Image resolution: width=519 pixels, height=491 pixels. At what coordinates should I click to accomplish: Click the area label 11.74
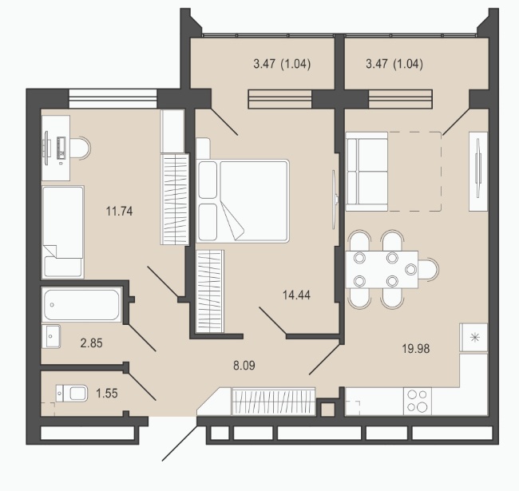click(x=119, y=211)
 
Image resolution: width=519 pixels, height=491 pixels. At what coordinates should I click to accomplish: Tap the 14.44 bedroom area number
click(x=296, y=295)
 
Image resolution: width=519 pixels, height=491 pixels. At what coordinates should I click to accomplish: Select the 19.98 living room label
click(x=416, y=348)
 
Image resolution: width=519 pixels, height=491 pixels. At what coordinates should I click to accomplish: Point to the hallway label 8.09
click(x=244, y=366)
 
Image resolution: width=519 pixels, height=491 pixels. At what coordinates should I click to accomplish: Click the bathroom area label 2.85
click(x=91, y=343)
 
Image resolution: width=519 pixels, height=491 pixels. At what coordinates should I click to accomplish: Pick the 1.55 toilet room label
click(x=106, y=394)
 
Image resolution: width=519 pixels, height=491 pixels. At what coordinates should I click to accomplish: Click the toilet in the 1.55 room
click(x=72, y=393)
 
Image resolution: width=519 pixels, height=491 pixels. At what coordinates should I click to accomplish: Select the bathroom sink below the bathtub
click(x=51, y=336)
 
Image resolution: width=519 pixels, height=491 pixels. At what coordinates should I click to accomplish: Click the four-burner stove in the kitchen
click(x=418, y=401)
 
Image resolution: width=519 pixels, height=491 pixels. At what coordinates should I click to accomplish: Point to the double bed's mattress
click(x=254, y=201)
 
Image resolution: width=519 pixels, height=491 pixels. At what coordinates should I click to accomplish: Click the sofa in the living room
click(x=366, y=172)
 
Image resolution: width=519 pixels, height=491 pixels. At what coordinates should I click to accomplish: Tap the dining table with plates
click(x=382, y=270)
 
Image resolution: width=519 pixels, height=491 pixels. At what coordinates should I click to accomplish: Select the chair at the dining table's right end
click(x=429, y=270)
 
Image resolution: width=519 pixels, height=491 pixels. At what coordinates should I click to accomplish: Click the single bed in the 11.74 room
click(x=63, y=232)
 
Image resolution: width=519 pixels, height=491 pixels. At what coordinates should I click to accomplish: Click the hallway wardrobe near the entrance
click(x=273, y=401)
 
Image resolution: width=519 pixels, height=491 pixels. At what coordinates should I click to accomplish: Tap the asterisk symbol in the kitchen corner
click(x=474, y=338)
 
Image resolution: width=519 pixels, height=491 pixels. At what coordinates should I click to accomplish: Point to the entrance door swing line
click(x=180, y=442)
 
